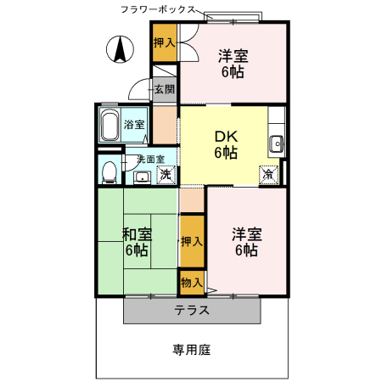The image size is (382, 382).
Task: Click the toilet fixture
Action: click(x=109, y=172)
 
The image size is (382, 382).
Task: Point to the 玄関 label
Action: click(x=165, y=89)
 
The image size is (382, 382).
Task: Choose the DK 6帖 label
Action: click(x=225, y=143)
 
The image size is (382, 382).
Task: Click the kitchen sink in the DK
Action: click(x=275, y=143)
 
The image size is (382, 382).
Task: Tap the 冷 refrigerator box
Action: click(x=268, y=174)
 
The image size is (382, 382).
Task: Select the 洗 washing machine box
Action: click(x=166, y=174)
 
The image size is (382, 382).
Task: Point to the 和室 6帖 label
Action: click(x=137, y=241)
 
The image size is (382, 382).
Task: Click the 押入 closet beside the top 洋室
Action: click(x=165, y=42)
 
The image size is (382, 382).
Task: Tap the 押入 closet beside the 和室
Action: click(x=192, y=242)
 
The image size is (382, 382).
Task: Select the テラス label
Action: click(x=192, y=310)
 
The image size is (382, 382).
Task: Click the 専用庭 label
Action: click(x=192, y=349)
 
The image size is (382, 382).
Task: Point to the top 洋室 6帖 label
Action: click(x=233, y=64)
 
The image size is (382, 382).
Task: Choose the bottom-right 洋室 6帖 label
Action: click(x=247, y=241)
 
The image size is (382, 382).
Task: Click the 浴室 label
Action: click(x=134, y=125)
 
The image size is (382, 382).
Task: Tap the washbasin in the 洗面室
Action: click(x=142, y=177)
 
